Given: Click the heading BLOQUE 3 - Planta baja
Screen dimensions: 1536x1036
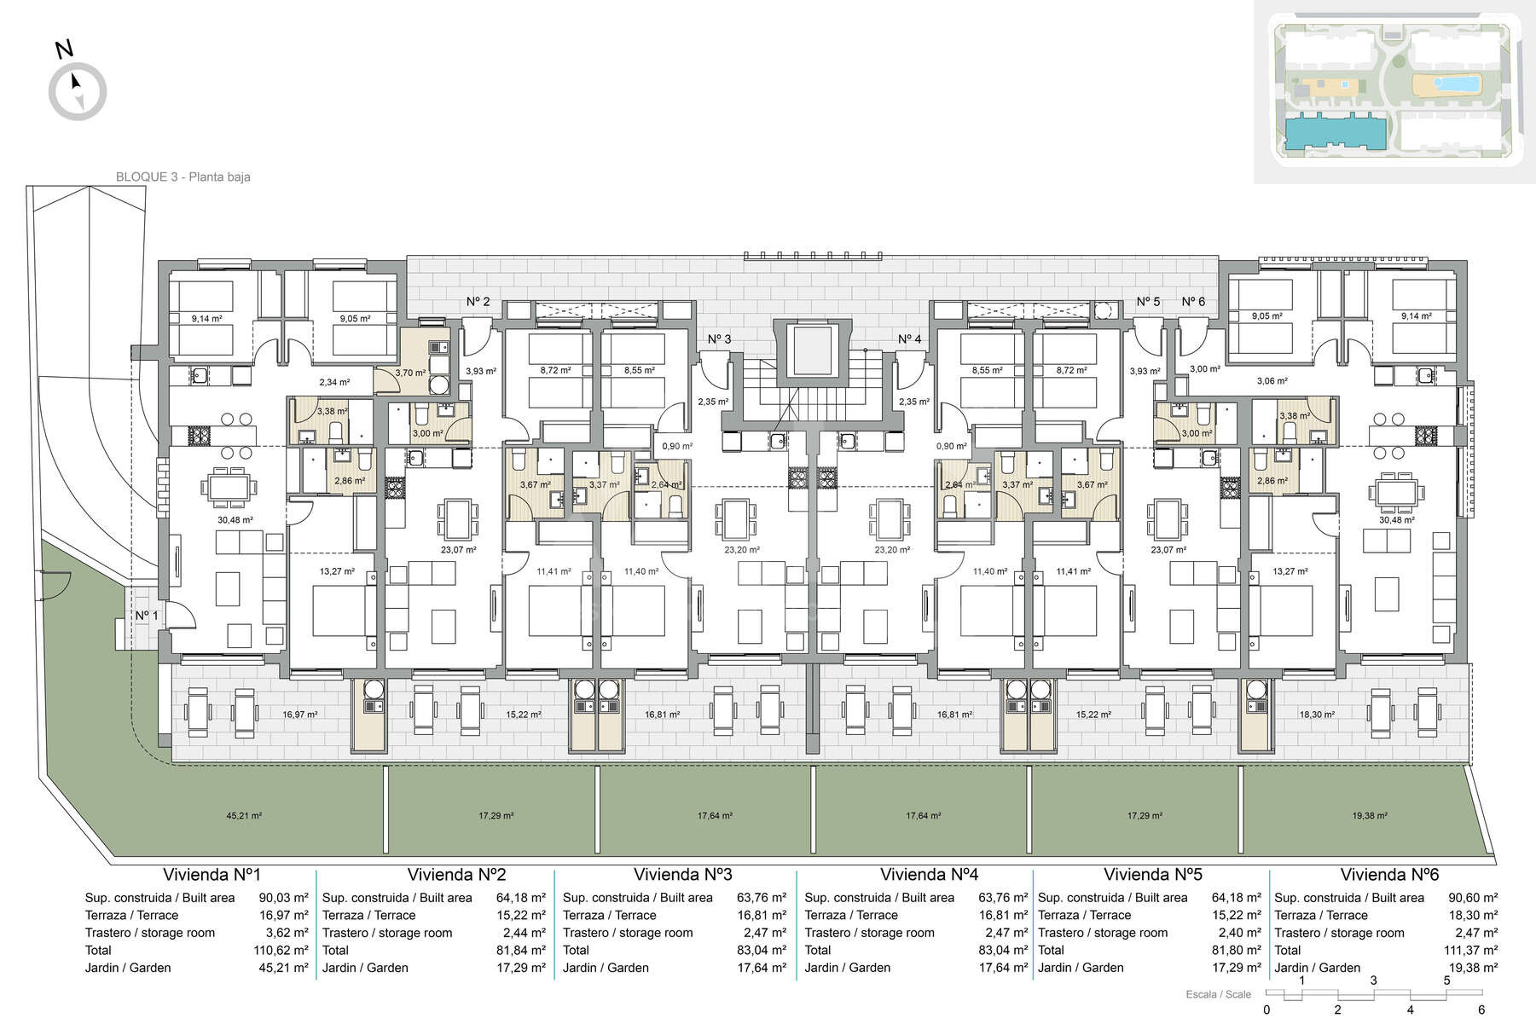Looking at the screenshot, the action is tap(183, 177).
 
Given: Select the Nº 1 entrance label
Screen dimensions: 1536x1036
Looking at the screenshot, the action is tap(147, 616).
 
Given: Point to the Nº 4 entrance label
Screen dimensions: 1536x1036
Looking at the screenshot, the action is tap(910, 339).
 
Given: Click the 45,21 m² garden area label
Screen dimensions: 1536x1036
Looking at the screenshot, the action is tap(244, 816).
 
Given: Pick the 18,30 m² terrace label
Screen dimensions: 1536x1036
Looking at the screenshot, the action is tap(1317, 715).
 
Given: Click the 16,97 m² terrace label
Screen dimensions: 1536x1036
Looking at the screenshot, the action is tap(299, 715).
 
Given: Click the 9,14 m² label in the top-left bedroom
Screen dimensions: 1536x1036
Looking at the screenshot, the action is tap(206, 319).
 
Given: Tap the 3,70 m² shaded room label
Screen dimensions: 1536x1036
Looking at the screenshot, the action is tap(410, 373).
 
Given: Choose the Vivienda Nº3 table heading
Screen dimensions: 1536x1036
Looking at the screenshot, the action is tap(682, 875).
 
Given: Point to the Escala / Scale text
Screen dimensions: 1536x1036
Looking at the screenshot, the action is tap(1219, 994).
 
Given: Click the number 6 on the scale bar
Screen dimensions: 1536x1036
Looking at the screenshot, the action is tap(1481, 1010).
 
